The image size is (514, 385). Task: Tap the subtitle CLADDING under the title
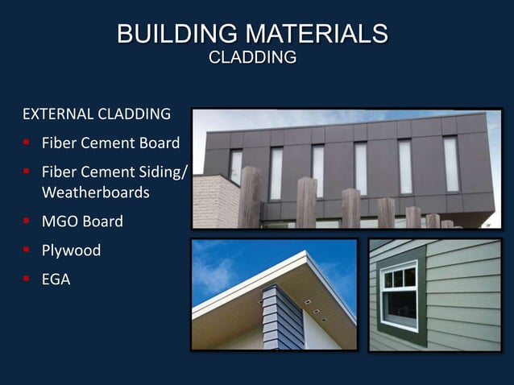pyautogui.click(x=252, y=58)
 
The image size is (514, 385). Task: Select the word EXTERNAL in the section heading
pyautogui.click(x=57, y=114)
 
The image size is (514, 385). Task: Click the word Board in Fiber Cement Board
pyautogui.click(x=158, y=145)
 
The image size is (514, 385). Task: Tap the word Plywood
pyautogui.click(x=71, y=250)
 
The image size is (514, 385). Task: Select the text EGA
pyautogui.click(x=56, y=280)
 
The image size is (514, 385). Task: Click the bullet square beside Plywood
pyautogui.click(x=27, y=250)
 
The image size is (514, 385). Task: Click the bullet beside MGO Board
pyautogui.click(x=27, y=221)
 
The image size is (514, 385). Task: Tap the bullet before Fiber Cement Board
pyautogui.click(x=27, y=145)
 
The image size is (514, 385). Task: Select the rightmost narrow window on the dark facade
pyautogui.click(x=450, y=163)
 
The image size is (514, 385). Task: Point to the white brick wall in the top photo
pyautogui.click(x=214, y=201)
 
